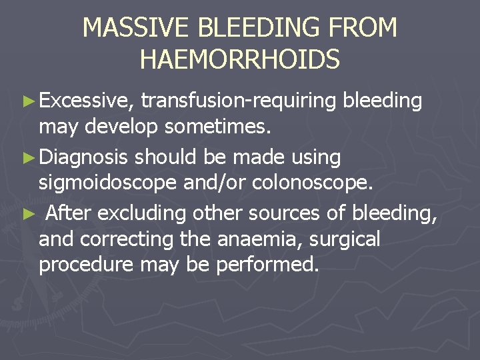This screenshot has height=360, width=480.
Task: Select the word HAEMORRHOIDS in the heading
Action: (x=240, y=59)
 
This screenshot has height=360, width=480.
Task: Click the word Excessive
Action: (x=87, y=101)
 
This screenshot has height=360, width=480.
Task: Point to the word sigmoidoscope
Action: (x=106, y=183)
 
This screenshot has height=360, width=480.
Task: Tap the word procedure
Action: (x=87, y=265)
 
